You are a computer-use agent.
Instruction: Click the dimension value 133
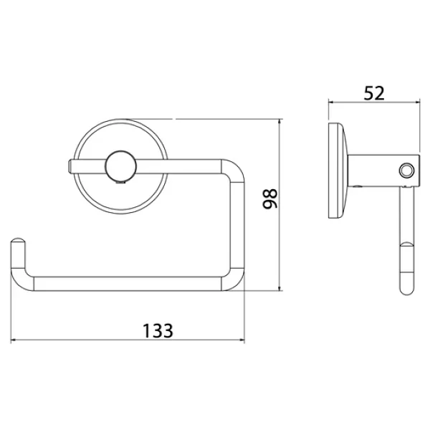tap(158, 330)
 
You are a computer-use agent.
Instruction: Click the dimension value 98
tap(270, 199)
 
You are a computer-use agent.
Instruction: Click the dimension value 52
tap(374, 93)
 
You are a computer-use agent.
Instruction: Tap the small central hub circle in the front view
tap(120, 166)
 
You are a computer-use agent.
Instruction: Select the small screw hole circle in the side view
tap(406, 171)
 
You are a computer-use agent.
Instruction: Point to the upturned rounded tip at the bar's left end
tap(18, 242)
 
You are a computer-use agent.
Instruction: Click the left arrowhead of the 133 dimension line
tap(13, 340)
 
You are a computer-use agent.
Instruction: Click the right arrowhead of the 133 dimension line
tap(242, 340)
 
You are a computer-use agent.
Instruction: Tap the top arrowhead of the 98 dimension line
tap(279, 122)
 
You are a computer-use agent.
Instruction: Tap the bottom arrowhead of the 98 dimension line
tap(279, 288)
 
